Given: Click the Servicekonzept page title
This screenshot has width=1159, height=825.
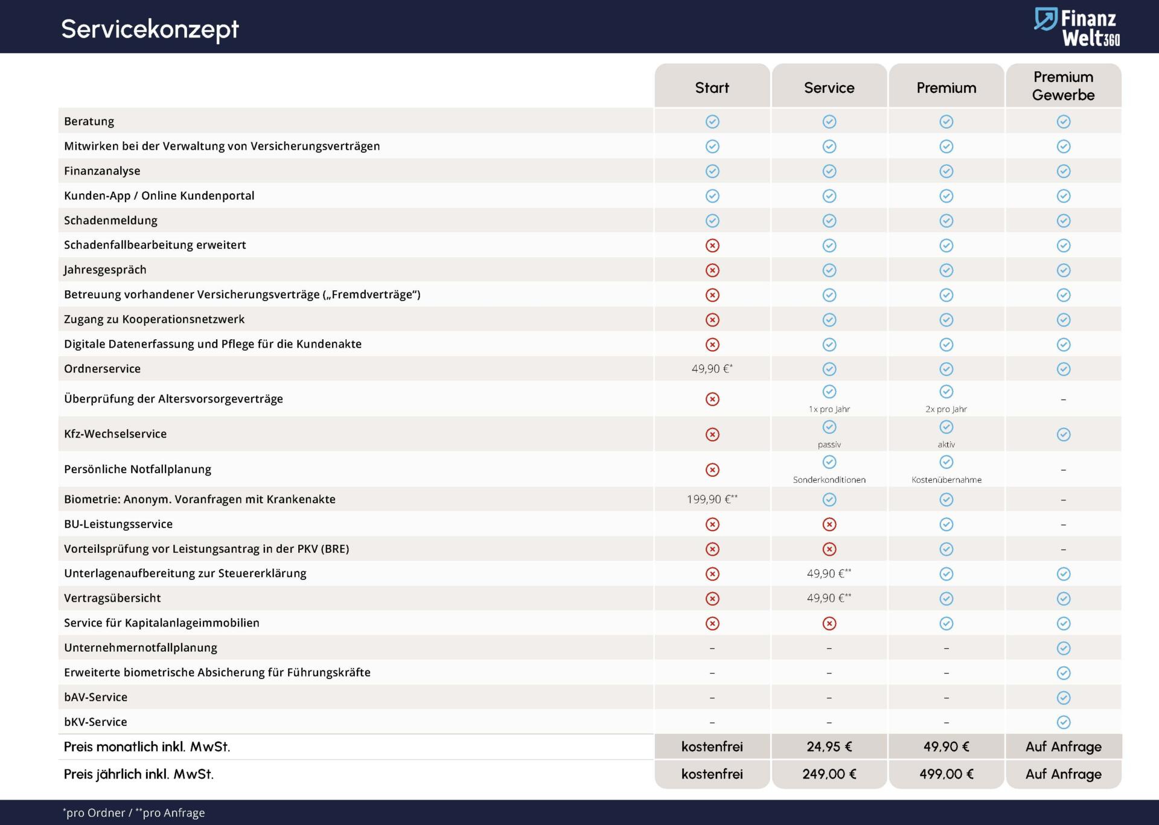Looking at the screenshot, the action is pyautogui.click(x=150, y=29).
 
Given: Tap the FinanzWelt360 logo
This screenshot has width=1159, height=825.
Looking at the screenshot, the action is pyautogui.click(x=1077, y=27).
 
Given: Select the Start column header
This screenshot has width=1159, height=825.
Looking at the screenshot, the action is pyautogui.click(x=712, y=88).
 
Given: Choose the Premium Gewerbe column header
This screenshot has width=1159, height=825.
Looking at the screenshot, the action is pyautogui.click(x=1064, y=86).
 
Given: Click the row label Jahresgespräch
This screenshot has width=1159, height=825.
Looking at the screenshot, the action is pyautogui.click(x=105, y=270).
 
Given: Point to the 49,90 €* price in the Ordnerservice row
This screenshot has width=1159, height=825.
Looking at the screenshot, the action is pyautogui.click(x=712, y=369).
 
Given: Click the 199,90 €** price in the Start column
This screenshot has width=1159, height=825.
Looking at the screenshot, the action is pyautogui.click(x=712, y=499).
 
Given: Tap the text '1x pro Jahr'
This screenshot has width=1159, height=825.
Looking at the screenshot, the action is pyautogui.click(x=829, y=409).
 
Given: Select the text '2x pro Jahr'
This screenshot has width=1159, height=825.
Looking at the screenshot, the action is pyautogui.click(x=947, y=409).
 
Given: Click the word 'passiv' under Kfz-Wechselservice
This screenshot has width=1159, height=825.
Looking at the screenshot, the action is pyautogui.click(x=829, y=445).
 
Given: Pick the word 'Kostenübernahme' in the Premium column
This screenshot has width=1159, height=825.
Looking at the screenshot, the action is pyautogui.click(x=947, y=480).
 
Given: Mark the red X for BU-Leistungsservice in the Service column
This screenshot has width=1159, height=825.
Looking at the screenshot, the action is pyautogui.click(x=829, y=524).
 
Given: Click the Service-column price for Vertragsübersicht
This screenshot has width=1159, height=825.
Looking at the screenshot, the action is pyautogui.click(x=829, y=598).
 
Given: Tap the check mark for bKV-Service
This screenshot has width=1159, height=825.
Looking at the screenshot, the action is pyautogui.click(x=1064, y=722).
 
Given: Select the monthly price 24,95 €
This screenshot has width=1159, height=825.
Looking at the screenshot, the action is pyautogui.click(x=829, y=747).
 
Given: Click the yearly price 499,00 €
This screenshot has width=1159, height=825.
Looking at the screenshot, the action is pyautogui.click(x=947, y=774).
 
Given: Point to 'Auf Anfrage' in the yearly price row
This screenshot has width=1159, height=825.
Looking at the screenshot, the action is pyautogui.click(x=1064, y=774).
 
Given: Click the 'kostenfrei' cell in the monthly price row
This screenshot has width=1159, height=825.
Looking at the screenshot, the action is pyautogui.click(x=712, y=747).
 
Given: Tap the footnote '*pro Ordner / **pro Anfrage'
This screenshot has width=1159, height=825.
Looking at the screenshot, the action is pyautogui.click(x=134, y=813).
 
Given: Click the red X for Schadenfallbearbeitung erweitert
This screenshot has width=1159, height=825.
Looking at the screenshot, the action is pyautogui.click(x=712, y=246).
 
